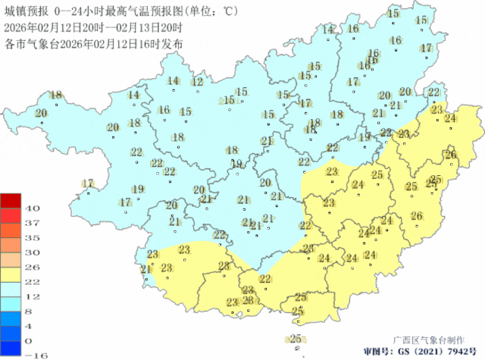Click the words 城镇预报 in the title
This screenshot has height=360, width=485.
(x=25, y=11)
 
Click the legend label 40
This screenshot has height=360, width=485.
(x=32, y=208)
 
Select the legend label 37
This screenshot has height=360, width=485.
(x=32, y=223)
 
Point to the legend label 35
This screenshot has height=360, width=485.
(x=32, y=237)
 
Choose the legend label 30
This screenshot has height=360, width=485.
(x=32, y=252)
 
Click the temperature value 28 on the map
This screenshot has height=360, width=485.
(x=224, y=265)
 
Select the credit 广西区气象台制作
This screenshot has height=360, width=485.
(x=428, y=340)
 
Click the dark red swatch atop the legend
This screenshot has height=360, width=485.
(x=11, y=201)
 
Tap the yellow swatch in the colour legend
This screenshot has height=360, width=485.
(x=11, y=274)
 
